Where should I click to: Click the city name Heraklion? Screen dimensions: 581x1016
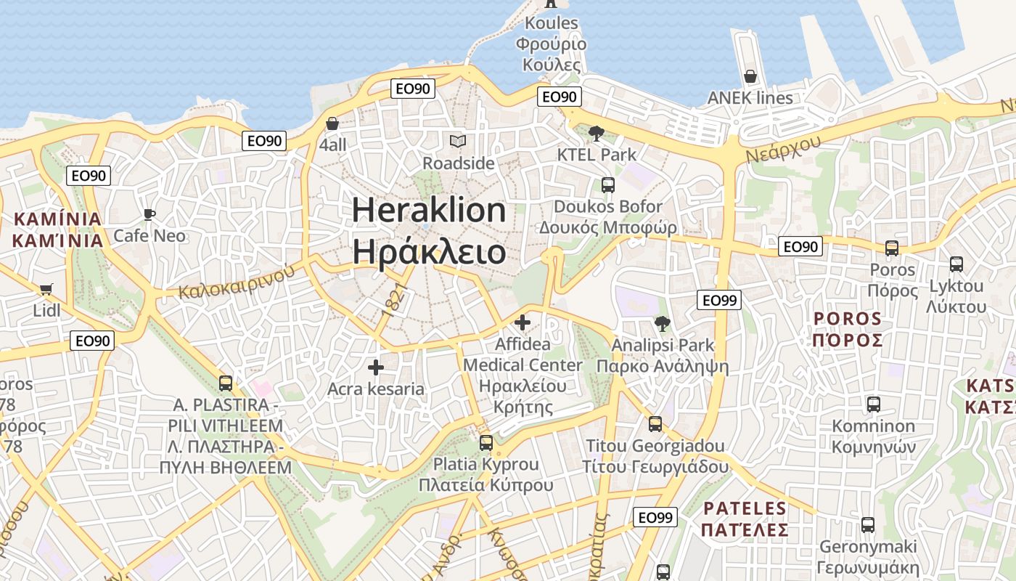[x=429, y=210]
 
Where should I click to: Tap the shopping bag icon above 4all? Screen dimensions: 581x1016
[x=332, y=124]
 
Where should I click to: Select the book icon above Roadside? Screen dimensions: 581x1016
[x=458, y=141]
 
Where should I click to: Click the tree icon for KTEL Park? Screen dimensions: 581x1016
[x=597, y=133]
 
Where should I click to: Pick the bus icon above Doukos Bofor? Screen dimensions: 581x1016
[x=608, y=185]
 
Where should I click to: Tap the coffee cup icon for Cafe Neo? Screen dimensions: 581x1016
[x=149, y=214]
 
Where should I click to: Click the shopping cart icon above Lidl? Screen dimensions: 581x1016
[x=46, y=289]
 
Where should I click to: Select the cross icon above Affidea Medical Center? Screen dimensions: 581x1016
[x=523, y=322]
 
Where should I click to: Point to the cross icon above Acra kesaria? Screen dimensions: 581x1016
[x=375, y=367]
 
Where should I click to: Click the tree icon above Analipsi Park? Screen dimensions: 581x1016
[x=662, y=323]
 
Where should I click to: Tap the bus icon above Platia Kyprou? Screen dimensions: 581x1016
[x=486, y=442]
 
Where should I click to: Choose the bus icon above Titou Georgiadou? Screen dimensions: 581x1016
[x=655, y=423]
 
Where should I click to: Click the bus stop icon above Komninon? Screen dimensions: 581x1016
[x=874, y=405]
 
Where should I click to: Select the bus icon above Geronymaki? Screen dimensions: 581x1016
[x=868, y=525]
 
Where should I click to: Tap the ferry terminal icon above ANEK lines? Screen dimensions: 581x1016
[x=750, y=76]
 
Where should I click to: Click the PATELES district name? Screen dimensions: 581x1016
[x=745, y=508]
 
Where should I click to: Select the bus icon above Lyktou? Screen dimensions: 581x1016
[x=956, y=264]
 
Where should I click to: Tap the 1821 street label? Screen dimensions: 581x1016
[x=393, y=300]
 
